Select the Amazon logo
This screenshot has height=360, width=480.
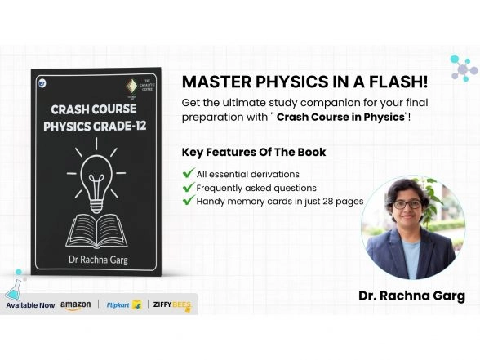[x=75, y=305]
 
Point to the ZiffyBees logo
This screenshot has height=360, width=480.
[x=171, y=305]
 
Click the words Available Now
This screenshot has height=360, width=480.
[x=30, y=305]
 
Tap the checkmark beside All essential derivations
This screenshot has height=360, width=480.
[x=189, y=174]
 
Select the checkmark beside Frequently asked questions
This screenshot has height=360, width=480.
[x=189, y=188]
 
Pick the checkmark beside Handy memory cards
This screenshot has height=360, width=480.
[x=189, y=201]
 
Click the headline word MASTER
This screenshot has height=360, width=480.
[x=212, y=82]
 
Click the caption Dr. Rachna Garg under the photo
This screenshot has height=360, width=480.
[x=411, y=296]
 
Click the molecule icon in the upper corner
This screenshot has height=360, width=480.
[x=463, y=67]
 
